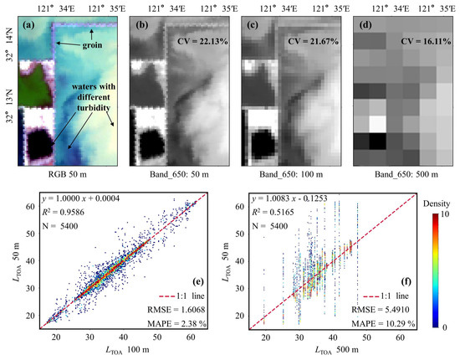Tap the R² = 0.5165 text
pos(278,215)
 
